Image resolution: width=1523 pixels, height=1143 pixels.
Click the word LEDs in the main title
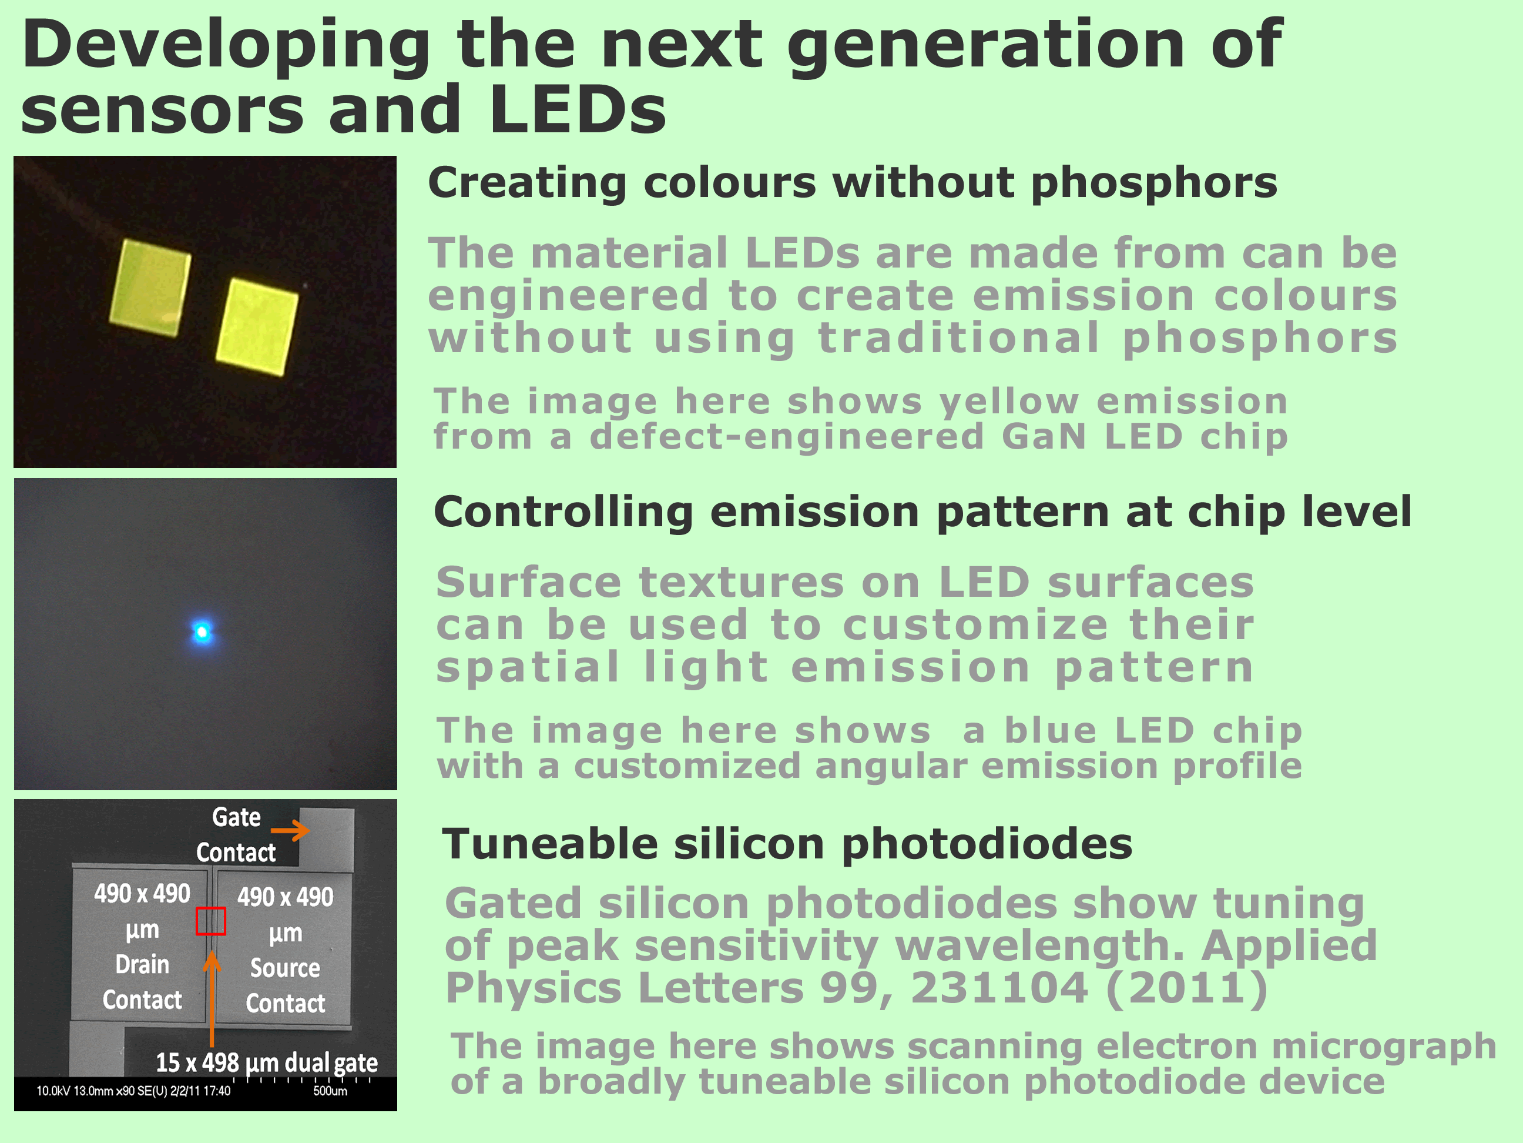(x=578, y=109)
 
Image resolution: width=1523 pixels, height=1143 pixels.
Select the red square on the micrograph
(x=211, y=921)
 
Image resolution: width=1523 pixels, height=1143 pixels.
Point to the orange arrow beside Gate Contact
(x=290, y=830)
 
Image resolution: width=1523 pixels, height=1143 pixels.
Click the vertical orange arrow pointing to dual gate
(x=212, y=999)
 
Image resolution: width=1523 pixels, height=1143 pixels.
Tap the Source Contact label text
(x=285, y=985)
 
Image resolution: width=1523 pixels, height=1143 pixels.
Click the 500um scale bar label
(x=330, y=1091)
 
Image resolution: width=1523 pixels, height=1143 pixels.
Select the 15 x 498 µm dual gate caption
(x=266, y=1062)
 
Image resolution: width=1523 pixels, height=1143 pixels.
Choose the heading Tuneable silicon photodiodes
(x=787, y=845)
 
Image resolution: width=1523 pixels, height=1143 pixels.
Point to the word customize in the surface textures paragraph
(x=975, y=625)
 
